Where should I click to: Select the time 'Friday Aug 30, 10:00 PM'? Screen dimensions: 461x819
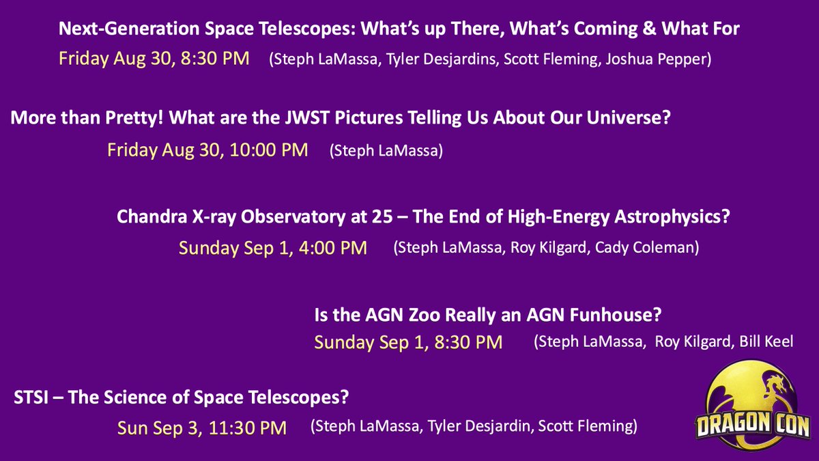click(207, 149)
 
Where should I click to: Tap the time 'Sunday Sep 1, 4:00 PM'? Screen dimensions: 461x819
click(272, 247)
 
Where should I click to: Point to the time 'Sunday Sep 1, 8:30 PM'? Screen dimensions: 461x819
click(408, 341)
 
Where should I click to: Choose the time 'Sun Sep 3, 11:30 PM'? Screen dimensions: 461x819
click(201, 428)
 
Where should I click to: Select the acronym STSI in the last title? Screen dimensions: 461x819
click(32, 397)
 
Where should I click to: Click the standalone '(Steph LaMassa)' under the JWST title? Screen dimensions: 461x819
click(386, 150)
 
